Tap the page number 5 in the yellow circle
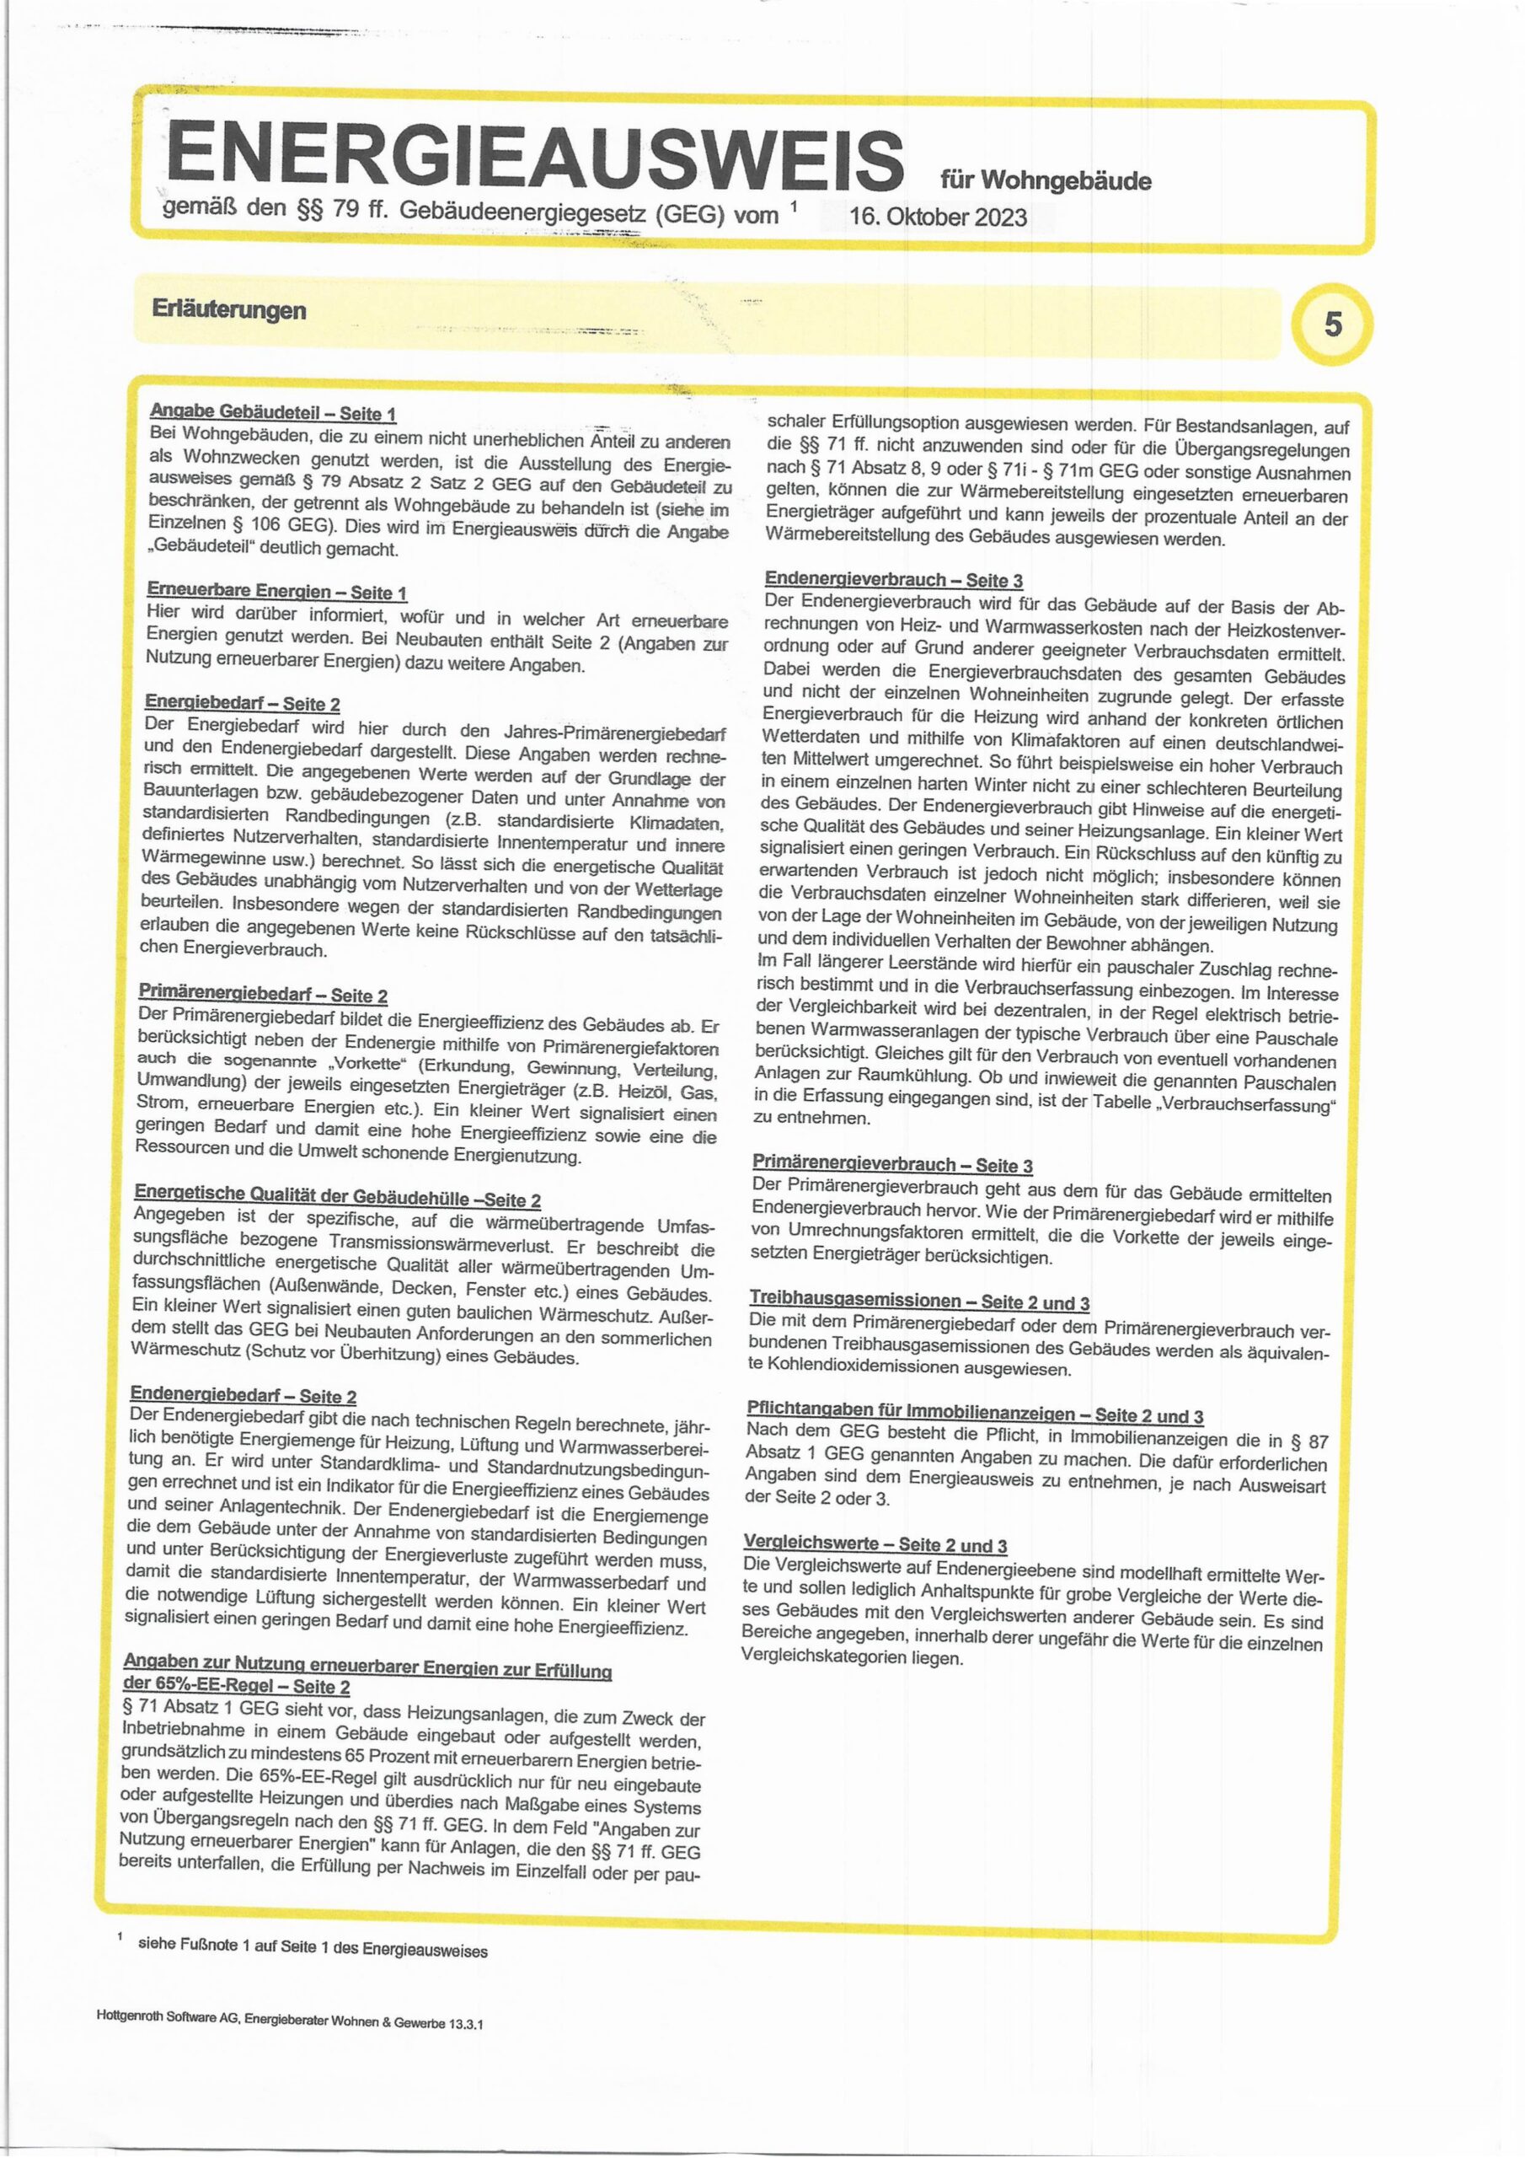pyautogui.click(x=1332, y=325)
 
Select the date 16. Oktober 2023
pyautogui.click(x=937, y=217)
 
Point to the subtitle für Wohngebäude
pyautogui.click(x=1045, y=180)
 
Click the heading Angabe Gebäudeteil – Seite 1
pyautogui.click(x=272, y=412)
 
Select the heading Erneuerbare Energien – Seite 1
pyautogui.click(x=276, y=592)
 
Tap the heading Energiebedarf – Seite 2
pyautogui.click(x=242, y=704)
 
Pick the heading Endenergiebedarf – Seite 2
pyautogui.click(x=243, y=1396)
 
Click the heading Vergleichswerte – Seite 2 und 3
pyautogui.click(x=875, y=1545)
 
